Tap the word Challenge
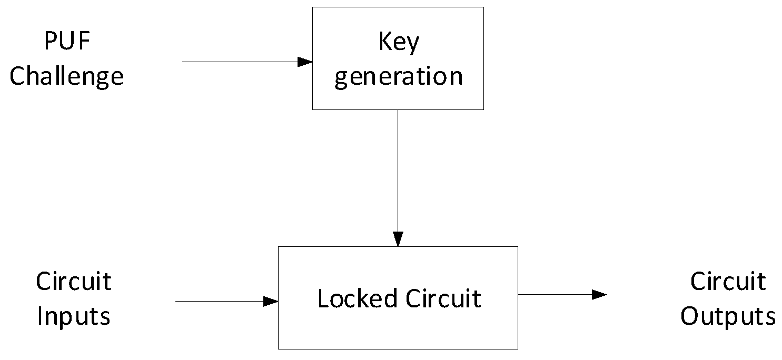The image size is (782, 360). [x=67, y=76]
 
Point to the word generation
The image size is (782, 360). [x=398, y=76]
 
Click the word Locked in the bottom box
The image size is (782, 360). [x=357, y=298]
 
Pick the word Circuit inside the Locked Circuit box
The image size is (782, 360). [x=443, y=298]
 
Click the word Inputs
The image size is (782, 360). [x=74, y=317]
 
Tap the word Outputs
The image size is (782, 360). [x=728, y=317]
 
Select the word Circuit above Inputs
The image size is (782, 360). [x=74, y=282]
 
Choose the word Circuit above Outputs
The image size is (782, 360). [x=728, y=282]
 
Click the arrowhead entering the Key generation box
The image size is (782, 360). [x=305, y=62]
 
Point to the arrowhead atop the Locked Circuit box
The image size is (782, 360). [x=398, y=239]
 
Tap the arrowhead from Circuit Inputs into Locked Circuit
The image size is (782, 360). [x=271, y=302]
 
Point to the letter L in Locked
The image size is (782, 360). [x=323, y=298]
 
